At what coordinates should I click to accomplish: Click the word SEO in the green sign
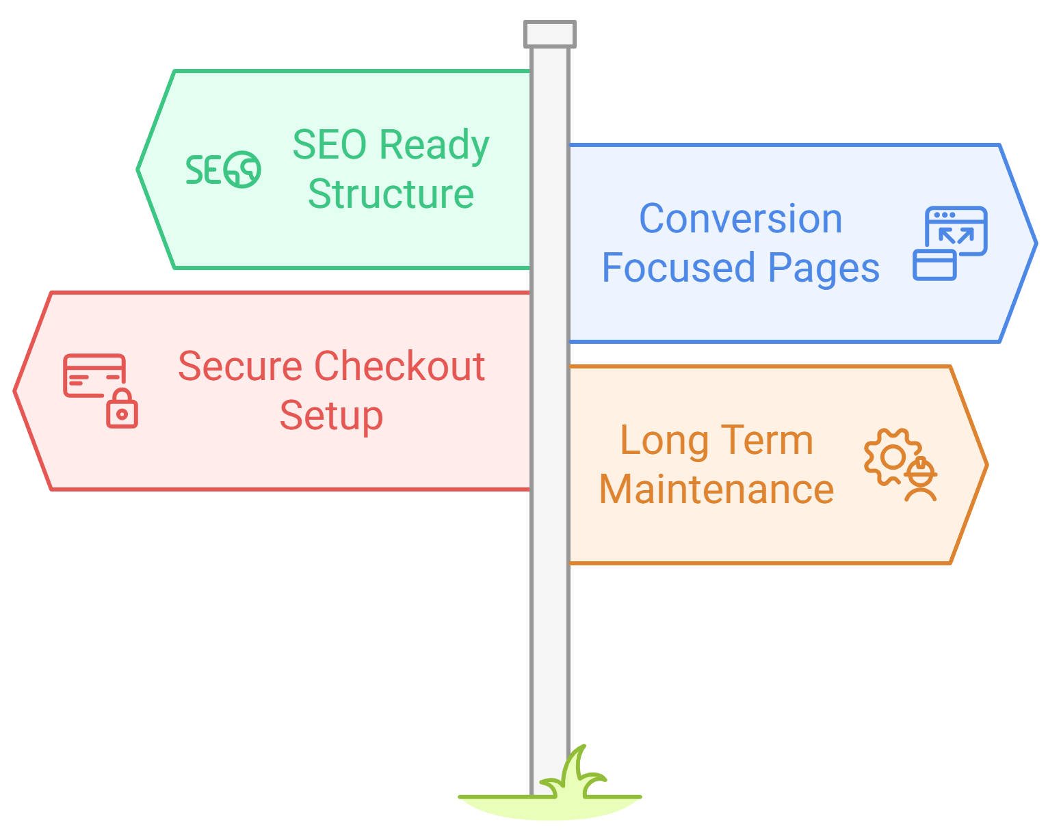point(330,145)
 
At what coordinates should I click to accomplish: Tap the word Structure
point(391,194)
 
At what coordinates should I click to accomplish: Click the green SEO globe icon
point(224,170)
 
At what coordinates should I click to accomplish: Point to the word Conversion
point(740,219)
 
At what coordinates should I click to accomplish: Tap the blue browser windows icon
point(950,243)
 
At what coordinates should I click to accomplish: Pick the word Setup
point(331,416)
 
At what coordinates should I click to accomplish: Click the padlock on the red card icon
point(122,409)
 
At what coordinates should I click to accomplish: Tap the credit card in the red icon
point(94,375)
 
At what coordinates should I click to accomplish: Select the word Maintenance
point(716,489)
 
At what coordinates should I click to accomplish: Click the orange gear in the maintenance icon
point(890,456)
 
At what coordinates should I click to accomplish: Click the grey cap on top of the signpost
point(550,34)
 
